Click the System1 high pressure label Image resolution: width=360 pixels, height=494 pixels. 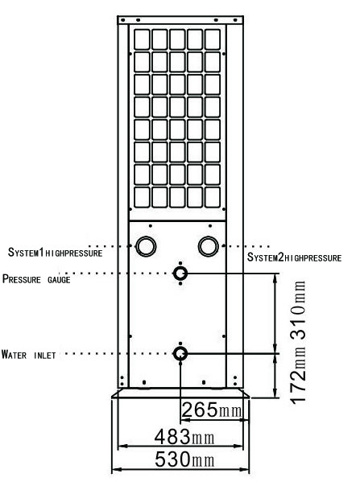55,253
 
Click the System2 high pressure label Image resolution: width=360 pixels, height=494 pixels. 294,257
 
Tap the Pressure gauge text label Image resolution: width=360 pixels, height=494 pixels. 36,279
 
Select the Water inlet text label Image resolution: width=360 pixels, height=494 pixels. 29,355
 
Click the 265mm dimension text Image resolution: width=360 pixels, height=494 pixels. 212,410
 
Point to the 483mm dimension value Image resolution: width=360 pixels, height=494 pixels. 184,437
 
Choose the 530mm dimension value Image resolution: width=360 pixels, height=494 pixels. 184,459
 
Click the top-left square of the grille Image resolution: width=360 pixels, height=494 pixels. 142,39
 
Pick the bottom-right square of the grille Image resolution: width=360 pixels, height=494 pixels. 213,197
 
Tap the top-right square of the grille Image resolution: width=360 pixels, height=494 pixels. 213,39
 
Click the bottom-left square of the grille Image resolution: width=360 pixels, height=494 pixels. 142,197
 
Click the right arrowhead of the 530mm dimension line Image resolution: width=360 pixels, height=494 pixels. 245,469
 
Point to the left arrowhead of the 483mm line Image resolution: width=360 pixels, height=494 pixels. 122,446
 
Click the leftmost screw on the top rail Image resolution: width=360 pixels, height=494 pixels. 123,20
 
